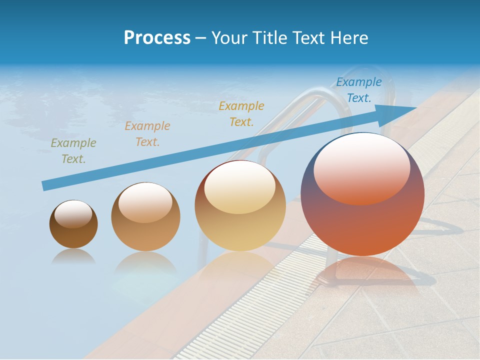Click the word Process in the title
pos(157,37)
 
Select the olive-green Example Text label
pos(73,151)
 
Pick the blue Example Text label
pos(358,90)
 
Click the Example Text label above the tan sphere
pos(147,134)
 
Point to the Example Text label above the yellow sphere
pos(241,113)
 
